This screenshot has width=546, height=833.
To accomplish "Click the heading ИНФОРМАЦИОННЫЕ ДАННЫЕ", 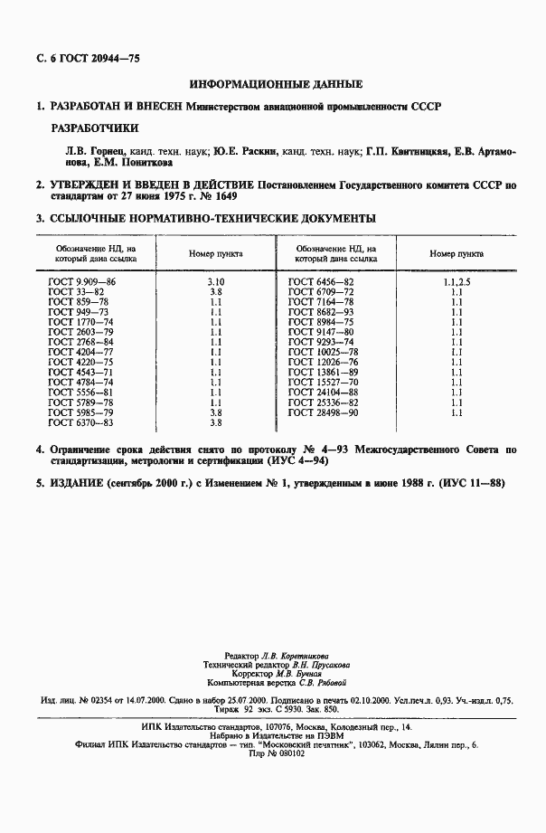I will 277,84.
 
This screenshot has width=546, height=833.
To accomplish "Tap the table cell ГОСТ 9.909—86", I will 82,283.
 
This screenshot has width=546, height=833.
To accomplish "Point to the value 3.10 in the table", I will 215,283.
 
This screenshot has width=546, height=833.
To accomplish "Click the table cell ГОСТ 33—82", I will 76,293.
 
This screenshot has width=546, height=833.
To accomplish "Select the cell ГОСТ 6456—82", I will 321,283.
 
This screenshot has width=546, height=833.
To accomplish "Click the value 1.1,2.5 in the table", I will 457,283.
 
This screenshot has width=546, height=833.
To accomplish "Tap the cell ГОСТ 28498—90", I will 324,412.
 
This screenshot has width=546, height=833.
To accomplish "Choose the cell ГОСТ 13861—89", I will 324,373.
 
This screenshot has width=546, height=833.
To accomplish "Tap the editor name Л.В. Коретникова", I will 293,655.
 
